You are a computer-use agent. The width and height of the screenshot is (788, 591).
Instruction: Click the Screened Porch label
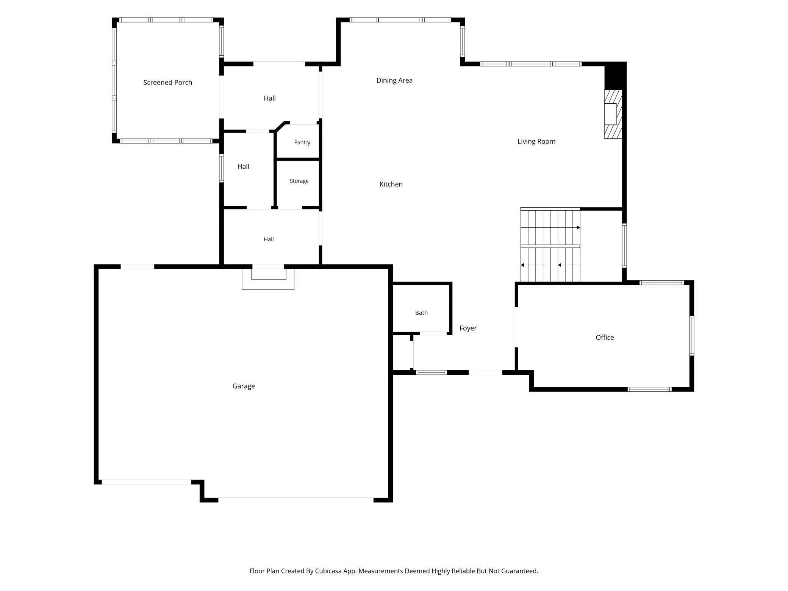click(x=167, y=83)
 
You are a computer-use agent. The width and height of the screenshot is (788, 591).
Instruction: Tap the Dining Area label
click(x=394, y=80)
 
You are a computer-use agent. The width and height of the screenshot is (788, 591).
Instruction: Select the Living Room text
click(x=536, y=142)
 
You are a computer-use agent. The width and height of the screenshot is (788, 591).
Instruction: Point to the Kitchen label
click(x=391, y=184)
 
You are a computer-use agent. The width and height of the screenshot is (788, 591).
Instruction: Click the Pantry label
click(x=302, y=142)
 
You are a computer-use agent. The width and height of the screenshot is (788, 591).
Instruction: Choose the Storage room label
click(x=299, y=181)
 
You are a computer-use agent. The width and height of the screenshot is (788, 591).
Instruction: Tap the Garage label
click(x=244, y=386)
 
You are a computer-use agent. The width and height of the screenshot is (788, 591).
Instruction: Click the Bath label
click(x=421, y=313)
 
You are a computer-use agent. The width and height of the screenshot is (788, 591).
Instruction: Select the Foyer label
click(x=468, y=328)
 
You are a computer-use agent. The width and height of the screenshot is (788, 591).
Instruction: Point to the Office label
click(x=605, y=338)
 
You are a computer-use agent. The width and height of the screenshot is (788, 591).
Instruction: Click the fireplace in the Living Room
click(x=613, y=114)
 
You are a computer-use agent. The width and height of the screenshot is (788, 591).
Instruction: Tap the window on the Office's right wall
click(x=691, y=336)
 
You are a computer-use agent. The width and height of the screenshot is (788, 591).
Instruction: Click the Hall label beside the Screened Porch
click(x=270, y=98)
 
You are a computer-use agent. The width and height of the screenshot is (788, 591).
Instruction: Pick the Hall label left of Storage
click(x=243, y=167)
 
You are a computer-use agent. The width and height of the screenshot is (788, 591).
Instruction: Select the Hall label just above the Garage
click(x=269, y=239)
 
